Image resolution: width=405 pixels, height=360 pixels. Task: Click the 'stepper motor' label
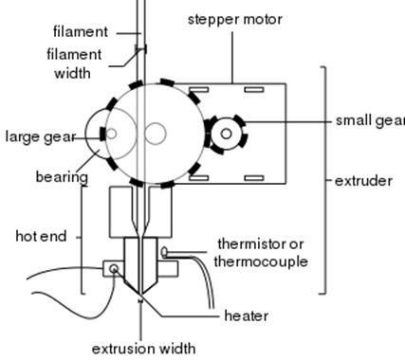click(235, 19)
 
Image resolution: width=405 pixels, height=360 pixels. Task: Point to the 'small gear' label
click(369, 120)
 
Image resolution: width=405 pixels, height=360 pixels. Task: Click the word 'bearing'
click(62, 176)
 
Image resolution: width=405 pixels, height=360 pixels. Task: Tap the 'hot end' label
click(41, 236)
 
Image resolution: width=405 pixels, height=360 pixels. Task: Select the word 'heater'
click(246, 315)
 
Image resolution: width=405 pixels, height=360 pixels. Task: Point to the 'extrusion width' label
click(143, 347)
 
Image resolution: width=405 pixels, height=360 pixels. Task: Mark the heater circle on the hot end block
click(115, 269)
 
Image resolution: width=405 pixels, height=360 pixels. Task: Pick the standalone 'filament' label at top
click(82, 31)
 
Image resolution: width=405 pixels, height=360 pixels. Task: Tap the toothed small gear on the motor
click(226, 135)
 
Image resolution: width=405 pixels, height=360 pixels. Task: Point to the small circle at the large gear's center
click(155, 135)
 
